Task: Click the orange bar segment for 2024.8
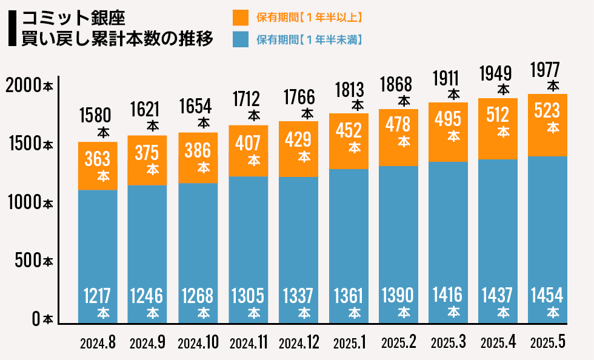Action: point(98,166)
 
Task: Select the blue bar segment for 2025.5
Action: point(547,240)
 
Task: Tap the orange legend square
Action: point(241,18)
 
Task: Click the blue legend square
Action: point(241,39)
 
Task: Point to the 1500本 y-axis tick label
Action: point(31,144)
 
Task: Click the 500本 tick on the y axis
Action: point(34,261)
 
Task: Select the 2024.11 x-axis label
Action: point(249,342)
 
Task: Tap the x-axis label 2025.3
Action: point(448,342)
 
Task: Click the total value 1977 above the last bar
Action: point(545,70)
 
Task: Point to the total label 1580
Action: point(95,116)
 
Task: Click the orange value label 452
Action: point(349,131)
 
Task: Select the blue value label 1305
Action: point(248,296)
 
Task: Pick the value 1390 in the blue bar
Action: point(398,295)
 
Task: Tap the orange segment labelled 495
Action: point(448,132)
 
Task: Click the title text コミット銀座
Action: point(73,18)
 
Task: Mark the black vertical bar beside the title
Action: point(12,28)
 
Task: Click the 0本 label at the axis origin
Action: point(42,319)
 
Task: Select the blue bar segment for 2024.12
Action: point(298,250)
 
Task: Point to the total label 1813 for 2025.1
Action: point(349,90)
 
